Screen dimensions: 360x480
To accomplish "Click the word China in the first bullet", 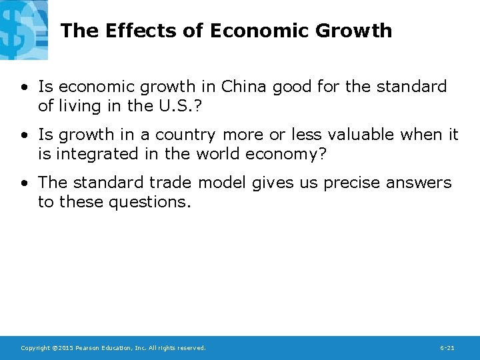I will click(x=243, y=87).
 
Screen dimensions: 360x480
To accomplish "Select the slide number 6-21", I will click(x=447, y=348).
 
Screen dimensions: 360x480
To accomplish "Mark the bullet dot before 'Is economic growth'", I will click(x=24, y=87).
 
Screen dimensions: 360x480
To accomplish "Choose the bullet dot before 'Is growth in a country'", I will click(x=24, y=135).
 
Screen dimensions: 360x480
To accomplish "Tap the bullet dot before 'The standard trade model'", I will click(x=24, y=183).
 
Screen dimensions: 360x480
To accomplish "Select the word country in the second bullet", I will click(x=185, y=135).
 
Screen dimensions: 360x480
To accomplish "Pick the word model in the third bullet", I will click(x=225, y=183).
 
